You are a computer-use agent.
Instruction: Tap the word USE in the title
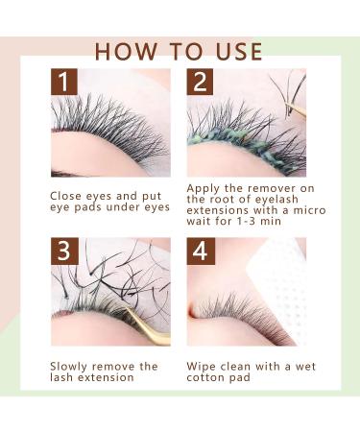[239, 51]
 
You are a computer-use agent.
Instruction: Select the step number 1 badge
[64, 82]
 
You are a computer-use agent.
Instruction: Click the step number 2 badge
[200, 82]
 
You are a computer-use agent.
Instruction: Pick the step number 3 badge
[64, 251]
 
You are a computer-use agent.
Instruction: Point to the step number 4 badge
[201, 251]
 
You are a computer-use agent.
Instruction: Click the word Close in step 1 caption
[66, 196]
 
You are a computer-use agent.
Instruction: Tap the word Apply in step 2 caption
[203, 189]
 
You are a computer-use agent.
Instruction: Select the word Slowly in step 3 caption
[69, 367]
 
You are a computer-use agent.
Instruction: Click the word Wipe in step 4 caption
[201, 367]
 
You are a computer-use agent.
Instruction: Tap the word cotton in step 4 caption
[205, 377]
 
